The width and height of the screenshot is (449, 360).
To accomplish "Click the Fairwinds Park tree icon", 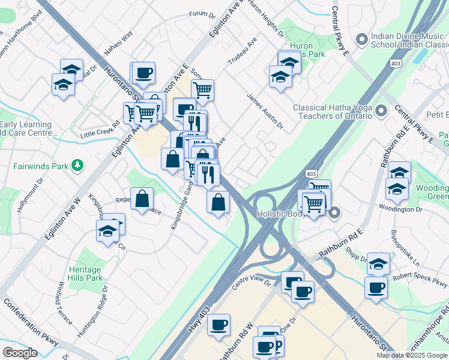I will tap(77, 164).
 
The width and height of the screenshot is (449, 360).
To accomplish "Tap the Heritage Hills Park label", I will tap(85, 274).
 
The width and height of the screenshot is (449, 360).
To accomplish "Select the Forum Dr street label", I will tap(202, 14).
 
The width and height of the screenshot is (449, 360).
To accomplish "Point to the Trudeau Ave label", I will tap(242, 53).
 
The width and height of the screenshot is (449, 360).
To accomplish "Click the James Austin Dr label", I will tap(264, 110).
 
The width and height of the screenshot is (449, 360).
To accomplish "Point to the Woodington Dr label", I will tap(401, 209).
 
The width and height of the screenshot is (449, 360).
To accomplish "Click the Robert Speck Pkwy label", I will tap(420, 278).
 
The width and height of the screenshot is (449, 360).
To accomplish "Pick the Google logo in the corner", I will tap(20, 353).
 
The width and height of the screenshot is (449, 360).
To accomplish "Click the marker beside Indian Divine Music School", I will tap(361, 40).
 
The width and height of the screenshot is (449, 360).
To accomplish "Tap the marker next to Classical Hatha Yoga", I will tap(381, 110).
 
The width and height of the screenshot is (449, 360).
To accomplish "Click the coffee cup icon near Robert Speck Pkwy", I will tap(376, 288).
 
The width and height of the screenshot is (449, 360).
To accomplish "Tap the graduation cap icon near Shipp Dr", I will tap(378, 263).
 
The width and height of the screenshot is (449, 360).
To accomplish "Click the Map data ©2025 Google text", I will tap(412, 355).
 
